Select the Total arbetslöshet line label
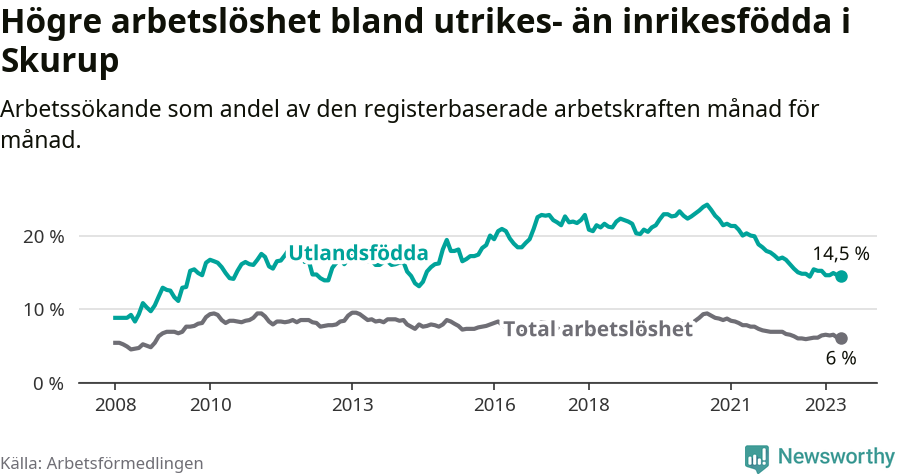pos(597,329)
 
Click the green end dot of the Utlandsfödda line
pos(841,276)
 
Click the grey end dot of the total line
pos(841,339)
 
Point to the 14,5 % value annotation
pos(840,254)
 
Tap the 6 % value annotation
pos(841,359)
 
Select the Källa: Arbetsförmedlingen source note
pos(102,463)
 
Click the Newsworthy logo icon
pos(757,458)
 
